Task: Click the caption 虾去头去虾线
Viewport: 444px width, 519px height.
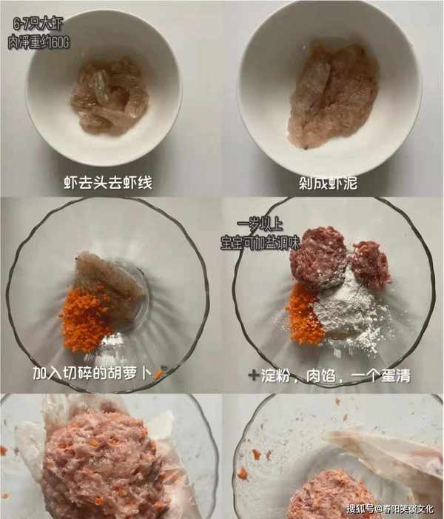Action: [108, 183]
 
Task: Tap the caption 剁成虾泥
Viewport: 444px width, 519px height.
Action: [329, 183]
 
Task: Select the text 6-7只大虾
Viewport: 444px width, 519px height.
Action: [38, 24]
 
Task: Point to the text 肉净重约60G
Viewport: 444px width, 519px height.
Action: [38, 42]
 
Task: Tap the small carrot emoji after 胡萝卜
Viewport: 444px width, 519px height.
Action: [159, 372]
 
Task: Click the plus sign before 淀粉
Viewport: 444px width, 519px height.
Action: [253, 375]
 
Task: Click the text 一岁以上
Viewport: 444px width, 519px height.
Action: [260, 224]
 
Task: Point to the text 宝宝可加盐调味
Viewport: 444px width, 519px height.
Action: [260, 244]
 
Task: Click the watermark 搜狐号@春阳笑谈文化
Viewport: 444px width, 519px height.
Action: [390, 509]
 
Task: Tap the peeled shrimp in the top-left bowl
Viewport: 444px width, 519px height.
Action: [110, 96]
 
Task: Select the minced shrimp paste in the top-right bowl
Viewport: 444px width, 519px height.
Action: [332, 95]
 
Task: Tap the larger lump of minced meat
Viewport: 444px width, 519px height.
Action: [319, 258]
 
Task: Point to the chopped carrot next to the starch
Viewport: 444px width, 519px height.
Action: [303, 315]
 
